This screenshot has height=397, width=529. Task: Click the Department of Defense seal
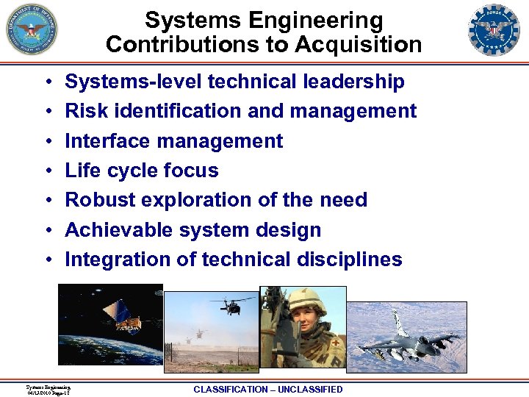click(x=32, y=30)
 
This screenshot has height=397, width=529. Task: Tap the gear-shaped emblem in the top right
click(x=494, y=30)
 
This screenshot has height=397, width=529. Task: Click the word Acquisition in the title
click(x=359, y=45)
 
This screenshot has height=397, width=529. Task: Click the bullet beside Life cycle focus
click(x=46, y=171)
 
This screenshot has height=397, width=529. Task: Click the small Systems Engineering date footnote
click(x=48, y=390)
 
